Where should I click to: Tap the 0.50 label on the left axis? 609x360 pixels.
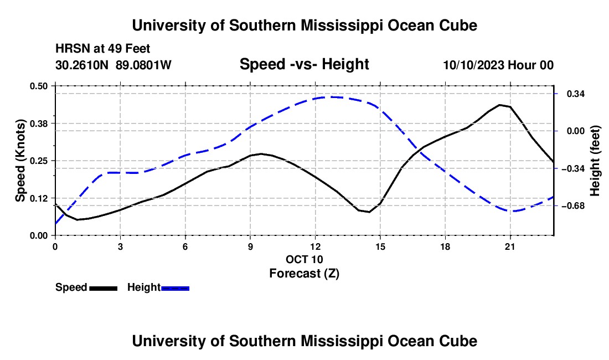tap(38, 86)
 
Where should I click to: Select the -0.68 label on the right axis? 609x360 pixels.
tap(573, 206)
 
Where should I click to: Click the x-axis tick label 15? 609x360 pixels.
tap(380, 246)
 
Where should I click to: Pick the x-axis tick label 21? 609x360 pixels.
tap(510, 246)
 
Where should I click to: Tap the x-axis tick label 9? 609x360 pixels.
tap(250, 246)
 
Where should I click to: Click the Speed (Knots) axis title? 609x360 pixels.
tap(20, 161)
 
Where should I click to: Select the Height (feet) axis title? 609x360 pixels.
tap(595, 161)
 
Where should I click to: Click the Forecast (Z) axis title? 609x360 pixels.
tap(304, 274)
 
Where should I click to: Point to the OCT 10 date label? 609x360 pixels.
tap(304, 259)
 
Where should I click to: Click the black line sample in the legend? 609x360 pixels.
tap(104, 289)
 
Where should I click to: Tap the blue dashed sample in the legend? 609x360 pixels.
tap(175, 289)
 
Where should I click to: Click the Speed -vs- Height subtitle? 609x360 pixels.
tap(304, 64)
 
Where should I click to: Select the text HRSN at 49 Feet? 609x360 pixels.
tap(102, 49)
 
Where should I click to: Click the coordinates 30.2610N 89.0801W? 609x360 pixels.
tap(113, 65)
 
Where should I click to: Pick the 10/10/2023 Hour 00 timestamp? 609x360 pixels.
tap(498, 65)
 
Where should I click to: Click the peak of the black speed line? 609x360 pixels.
tap(499, 105)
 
